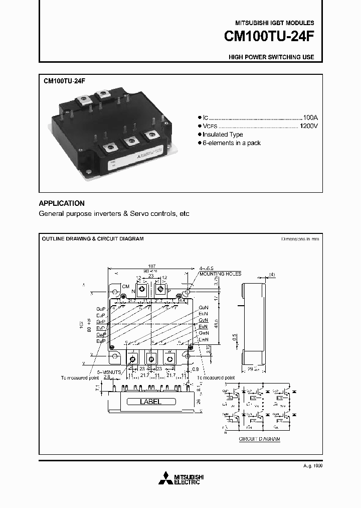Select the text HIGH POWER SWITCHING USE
pos(271,57)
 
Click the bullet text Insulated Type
pos(223,135)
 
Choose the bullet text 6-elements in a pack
pos(232,143)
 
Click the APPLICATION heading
pos(62,203)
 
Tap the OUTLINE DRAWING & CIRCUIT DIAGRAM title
pos(93,238)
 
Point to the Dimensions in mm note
pos(300,239)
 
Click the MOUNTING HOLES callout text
pos(220,274)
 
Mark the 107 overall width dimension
pos(152,266)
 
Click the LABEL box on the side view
pos(150,402)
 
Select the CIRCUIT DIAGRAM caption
pos(259,439)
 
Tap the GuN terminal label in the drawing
pos(203,307)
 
